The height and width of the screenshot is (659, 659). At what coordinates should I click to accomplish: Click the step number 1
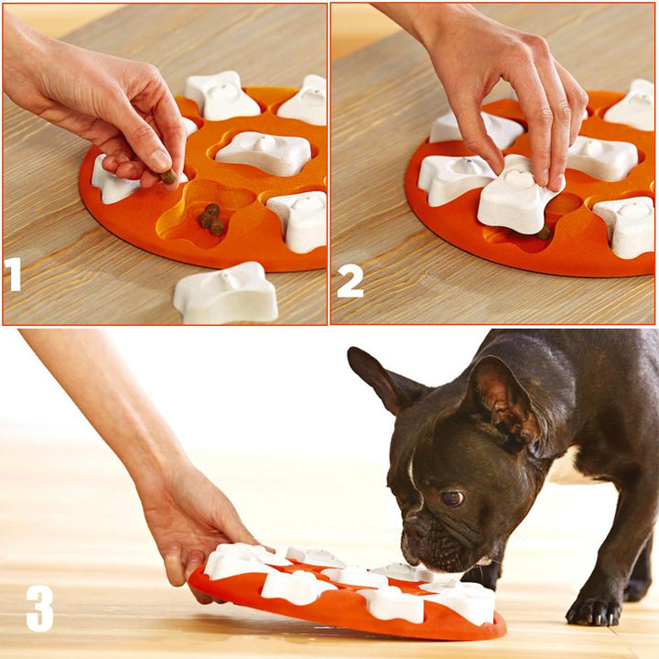pos(13,275)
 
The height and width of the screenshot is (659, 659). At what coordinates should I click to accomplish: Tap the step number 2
pos(349,280)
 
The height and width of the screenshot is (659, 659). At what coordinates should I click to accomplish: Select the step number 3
pos(38,609)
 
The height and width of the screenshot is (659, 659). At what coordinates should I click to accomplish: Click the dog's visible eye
pos(451,499)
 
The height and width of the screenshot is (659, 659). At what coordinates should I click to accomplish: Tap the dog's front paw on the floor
pos(593,609)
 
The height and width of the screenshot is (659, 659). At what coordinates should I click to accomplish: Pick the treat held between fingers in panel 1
pos(168,176)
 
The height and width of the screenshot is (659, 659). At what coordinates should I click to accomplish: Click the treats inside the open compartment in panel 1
pos(211,219)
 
